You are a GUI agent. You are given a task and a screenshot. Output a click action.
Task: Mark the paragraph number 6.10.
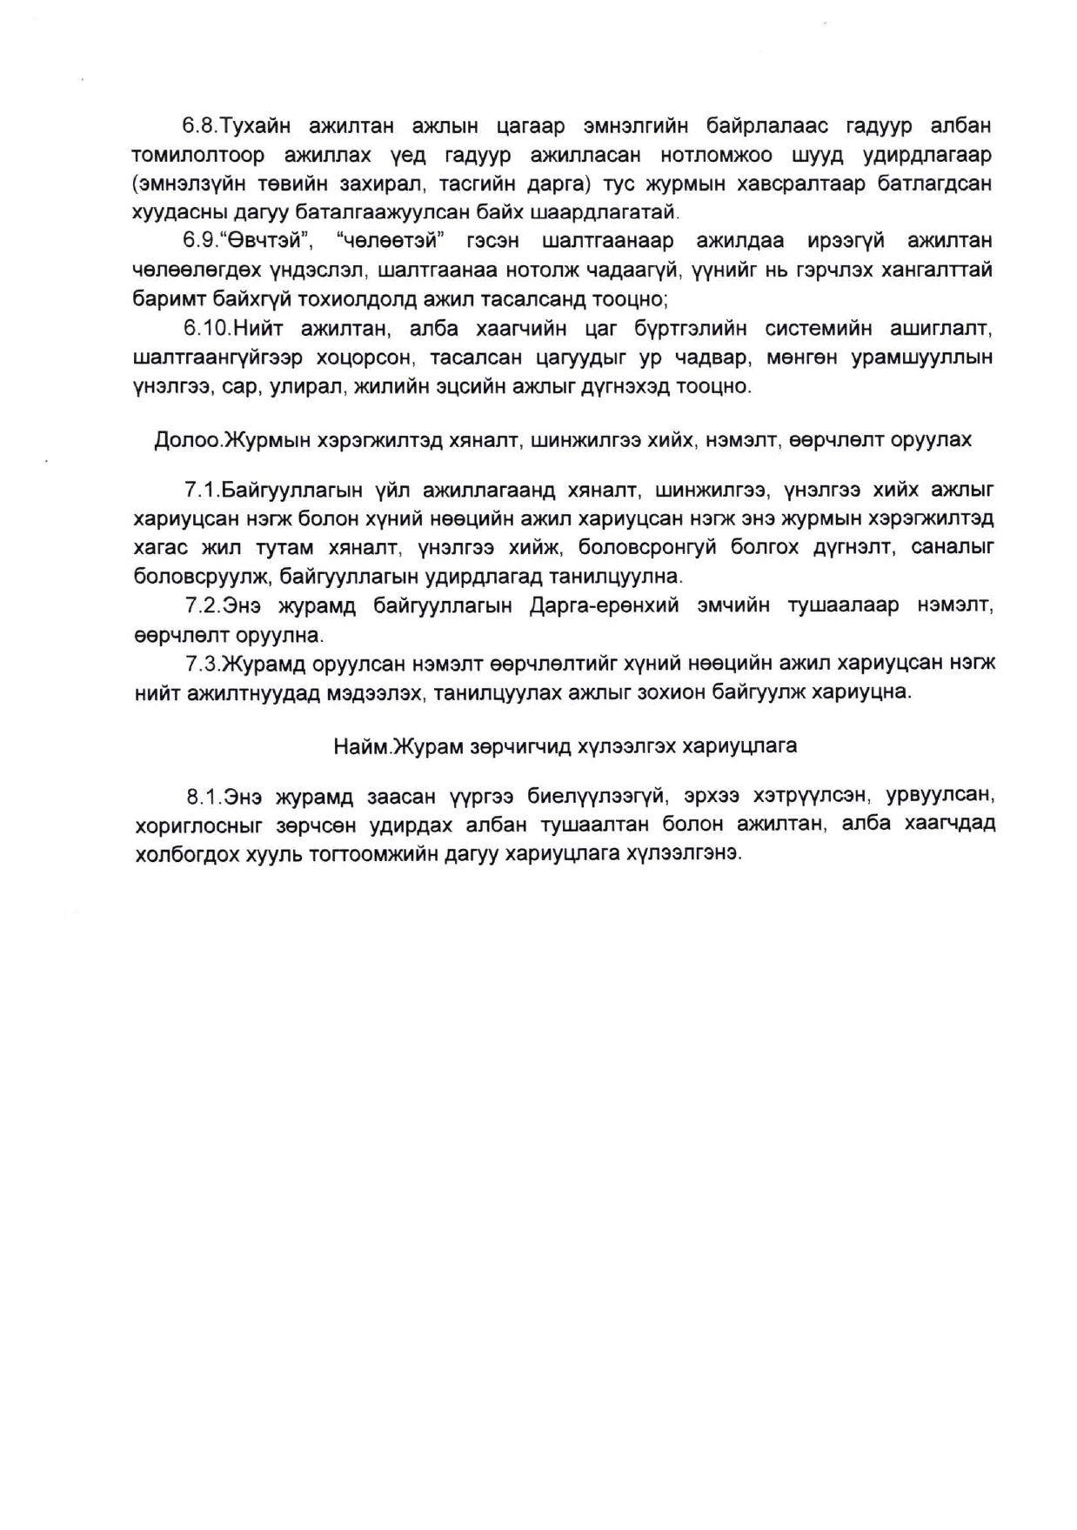(x=205, y=328)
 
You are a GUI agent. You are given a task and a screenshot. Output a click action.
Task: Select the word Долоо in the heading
(x=186, y=440)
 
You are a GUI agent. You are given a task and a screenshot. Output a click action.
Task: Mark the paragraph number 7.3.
(x=203, y=664)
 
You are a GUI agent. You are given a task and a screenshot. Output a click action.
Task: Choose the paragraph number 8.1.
(x=204, y=796)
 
